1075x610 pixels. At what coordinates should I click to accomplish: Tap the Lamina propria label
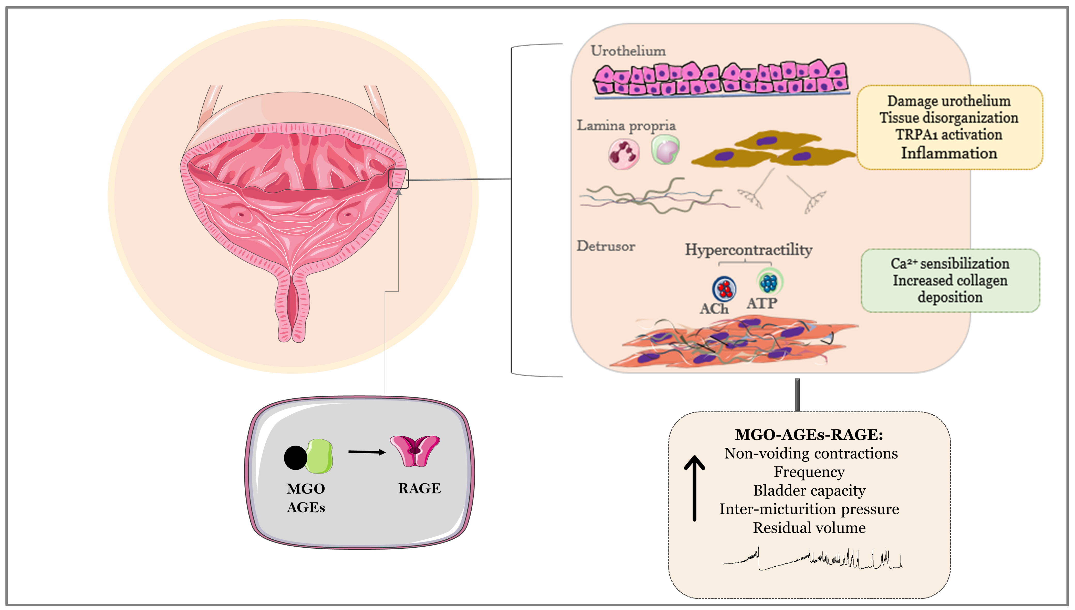[x=626, y=126]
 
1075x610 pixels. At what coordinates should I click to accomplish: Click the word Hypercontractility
[x=748, y=250]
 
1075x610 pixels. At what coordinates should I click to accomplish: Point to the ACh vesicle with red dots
[x=724, y=289]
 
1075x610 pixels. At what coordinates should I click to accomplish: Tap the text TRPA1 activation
[x=949, y=135]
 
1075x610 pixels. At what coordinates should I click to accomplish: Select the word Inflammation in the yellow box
[x=949, y=153]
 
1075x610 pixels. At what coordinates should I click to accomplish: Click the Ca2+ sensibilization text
[x=950, y=264]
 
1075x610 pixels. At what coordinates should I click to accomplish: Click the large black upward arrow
[x=694, y=488]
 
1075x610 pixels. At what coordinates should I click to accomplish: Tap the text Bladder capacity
[x=809, y=491]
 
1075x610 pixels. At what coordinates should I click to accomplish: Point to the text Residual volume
[x=809, y=528]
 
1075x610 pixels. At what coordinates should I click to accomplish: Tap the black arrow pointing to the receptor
[x=366, y=452]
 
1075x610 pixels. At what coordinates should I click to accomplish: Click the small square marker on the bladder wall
[x=398, y=179]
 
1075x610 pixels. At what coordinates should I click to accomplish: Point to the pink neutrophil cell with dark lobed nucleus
[x=624, y=154]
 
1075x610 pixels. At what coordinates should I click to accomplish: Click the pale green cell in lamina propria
[x=665, y=150]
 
